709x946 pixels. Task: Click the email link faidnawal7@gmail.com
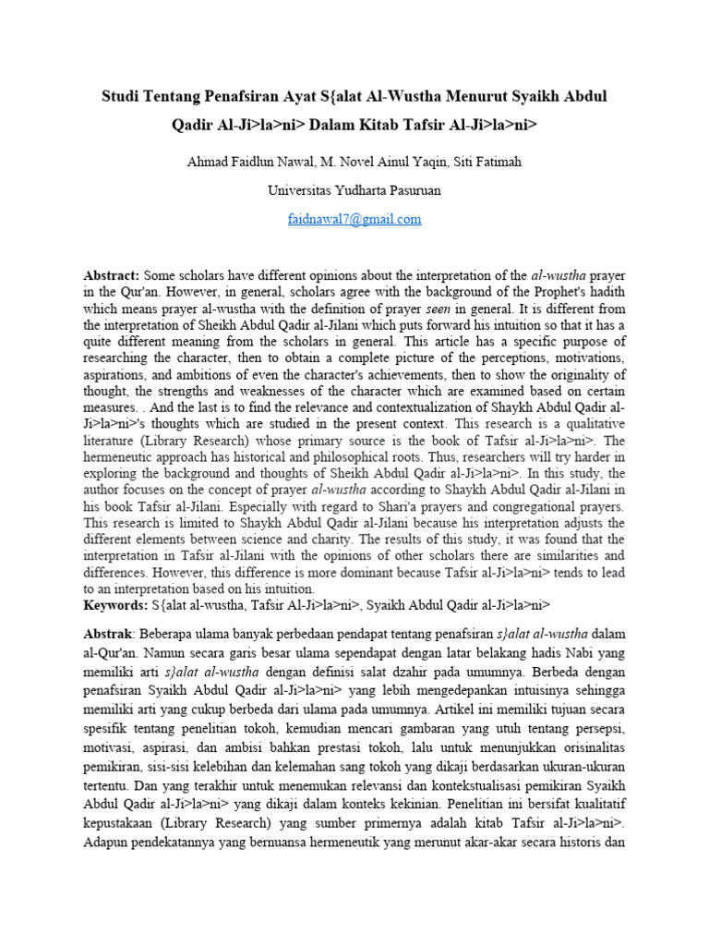(x=354, y=219)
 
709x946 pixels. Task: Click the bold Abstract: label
(x=112, y=276)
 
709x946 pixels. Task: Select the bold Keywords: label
(x=115, y=605)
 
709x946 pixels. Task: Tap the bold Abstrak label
(x=109, y=634)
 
